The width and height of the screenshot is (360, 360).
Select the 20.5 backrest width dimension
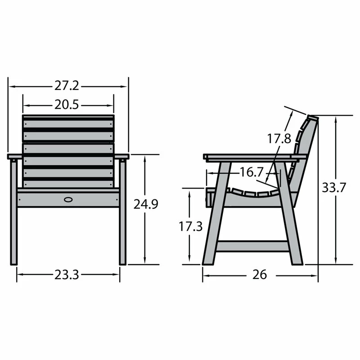pos(67,105)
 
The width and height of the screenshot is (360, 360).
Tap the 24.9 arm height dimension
pos(146,205)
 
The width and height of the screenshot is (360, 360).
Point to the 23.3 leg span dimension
pos(67,274)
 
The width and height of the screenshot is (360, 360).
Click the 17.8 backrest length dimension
pos(279,139)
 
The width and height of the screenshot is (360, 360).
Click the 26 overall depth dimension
pos(260,274)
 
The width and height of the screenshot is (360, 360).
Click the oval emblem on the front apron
pos(69,198)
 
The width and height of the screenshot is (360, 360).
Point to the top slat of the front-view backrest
pos(68,123)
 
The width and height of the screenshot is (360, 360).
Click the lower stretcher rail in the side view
pos(252,246)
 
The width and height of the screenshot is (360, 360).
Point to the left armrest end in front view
pos(14,157)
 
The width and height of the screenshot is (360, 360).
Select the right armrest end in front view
pos(122,157)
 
